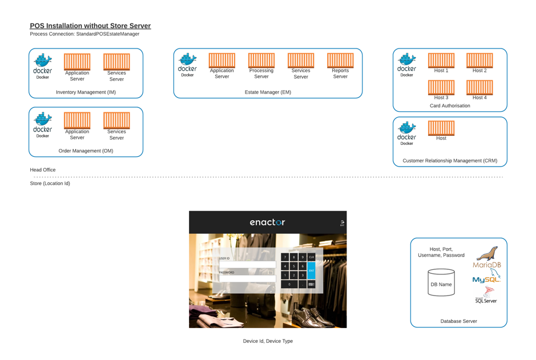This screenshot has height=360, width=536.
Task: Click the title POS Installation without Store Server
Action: (90, 26)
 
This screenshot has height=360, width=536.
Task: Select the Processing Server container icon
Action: (261, 60)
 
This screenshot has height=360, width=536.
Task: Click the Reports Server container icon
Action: (340, 60)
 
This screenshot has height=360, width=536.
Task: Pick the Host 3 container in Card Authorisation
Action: (441, 87)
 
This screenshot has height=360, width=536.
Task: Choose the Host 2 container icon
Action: (479, 60)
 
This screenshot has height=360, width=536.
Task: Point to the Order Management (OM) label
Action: (86, 151)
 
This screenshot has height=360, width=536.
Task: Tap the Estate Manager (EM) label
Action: (268, 92)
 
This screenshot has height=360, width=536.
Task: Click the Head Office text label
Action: (43, 170)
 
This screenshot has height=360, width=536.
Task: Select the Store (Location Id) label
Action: (50, 184)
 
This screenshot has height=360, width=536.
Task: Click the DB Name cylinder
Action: (441, 282)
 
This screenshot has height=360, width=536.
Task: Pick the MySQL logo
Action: (486, 278)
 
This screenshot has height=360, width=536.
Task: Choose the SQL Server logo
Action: (486, 295)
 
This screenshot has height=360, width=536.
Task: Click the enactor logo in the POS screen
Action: (267, 223)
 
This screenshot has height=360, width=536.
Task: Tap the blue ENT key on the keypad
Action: (311, 270)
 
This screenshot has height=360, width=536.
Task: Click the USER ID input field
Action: (247, 265)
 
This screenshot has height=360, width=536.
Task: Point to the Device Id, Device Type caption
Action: (268, 341)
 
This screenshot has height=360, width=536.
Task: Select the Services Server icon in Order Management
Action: (116, 120)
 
